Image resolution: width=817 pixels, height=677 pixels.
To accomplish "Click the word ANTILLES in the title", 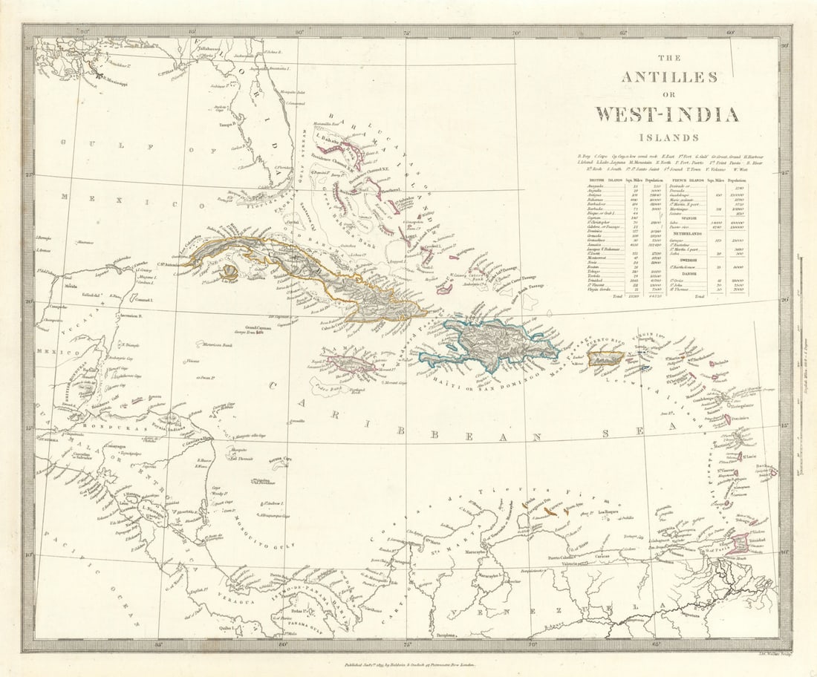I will click(658, 77).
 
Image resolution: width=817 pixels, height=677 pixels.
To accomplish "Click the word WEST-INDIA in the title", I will click(666, 114).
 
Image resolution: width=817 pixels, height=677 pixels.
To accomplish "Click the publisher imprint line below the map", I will click(405, 667).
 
